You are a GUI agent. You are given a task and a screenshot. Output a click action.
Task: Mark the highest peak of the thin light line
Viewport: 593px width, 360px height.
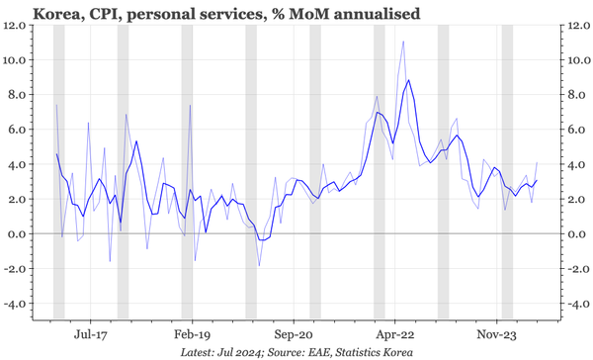[403, 42]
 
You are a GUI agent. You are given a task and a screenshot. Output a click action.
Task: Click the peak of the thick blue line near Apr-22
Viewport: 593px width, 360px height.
[408, 80]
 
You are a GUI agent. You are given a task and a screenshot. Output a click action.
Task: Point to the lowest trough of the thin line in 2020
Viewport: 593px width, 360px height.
[259, 265]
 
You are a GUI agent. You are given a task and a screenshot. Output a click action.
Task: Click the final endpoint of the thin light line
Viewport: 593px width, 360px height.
[537, 162]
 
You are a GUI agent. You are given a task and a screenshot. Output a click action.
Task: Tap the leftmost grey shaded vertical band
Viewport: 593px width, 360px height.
[58, 173]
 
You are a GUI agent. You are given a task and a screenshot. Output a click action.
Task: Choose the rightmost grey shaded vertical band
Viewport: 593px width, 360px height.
[507, 173]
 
